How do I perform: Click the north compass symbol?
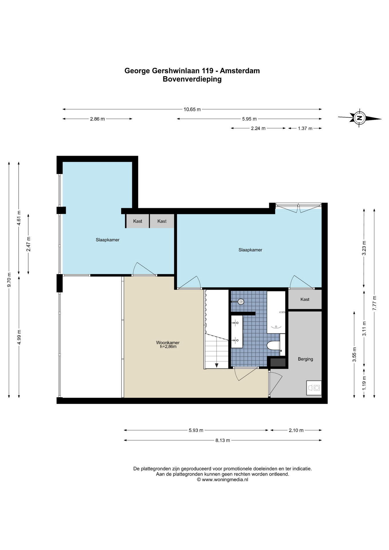coord(359,118)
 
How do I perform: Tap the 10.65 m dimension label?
coord(192,109)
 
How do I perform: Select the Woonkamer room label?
coord(168,342)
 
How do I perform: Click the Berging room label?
coord(305,359)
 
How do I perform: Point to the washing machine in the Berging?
coord(314,388)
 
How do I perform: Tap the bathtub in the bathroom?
coord(276,313)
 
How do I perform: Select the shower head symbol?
coord(241,301)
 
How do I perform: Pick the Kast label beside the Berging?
coord(305,299)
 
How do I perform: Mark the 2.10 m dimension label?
coord(296,430)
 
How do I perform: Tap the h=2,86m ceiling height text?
coord(168,347)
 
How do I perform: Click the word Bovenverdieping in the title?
coord(192,79)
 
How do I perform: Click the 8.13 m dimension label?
coord(223,440)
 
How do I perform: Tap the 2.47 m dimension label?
coord(28,244)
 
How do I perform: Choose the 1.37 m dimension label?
coord(305,128)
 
